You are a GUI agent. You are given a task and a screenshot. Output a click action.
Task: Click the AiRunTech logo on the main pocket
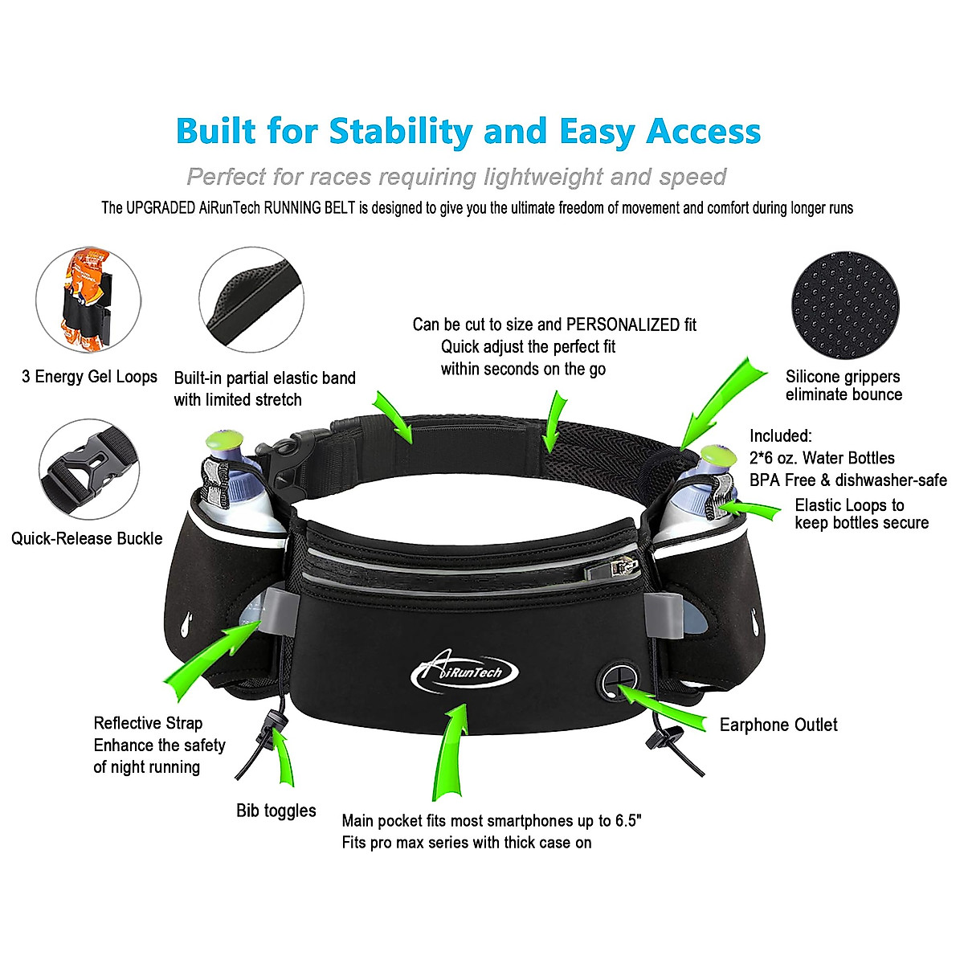tap(464, 673)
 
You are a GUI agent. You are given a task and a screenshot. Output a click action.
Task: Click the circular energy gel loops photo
tap(88, 299)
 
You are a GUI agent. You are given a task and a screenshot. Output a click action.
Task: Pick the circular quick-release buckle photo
tap(89, 469)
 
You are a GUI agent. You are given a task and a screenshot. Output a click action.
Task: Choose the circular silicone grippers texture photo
tap(845, 299)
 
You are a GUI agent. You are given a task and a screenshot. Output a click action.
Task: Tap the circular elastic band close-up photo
tap(251, 300)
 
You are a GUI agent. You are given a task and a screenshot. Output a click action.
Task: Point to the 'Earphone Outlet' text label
tap(778, 725)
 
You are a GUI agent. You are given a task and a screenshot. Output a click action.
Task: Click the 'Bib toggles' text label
tap(276, 811)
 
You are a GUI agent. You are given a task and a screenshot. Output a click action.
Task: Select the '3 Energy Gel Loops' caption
tap(89, 376)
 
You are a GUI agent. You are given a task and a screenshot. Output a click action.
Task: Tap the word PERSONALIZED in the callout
tap(623, 325)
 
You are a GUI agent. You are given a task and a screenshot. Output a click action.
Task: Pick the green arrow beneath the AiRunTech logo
tap(451, 751)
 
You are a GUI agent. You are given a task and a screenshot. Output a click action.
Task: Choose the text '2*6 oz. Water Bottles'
tap(822, 458)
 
